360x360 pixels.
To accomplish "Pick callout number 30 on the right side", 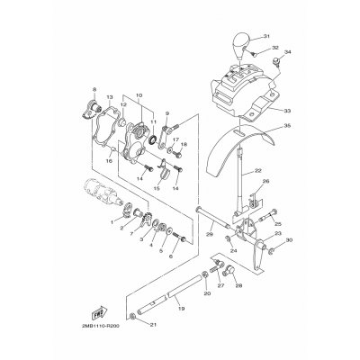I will point(290,241).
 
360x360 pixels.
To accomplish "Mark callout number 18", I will point(184,145).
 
